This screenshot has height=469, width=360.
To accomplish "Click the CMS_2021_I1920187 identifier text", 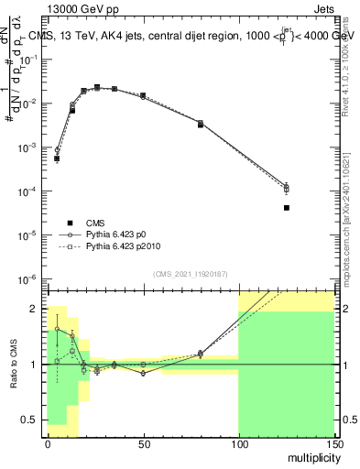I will click(x=191, y=274).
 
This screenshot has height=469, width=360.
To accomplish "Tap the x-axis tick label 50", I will click(x=143, y=442).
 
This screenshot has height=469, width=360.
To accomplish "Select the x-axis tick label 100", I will click(x=238, y=442).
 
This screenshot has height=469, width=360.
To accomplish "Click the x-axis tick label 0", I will click(x=48, y=442).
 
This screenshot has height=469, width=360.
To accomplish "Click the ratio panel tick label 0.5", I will click(x=32, y=420).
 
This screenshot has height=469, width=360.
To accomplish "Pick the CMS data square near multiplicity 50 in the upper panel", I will click(x=143, y=95).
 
